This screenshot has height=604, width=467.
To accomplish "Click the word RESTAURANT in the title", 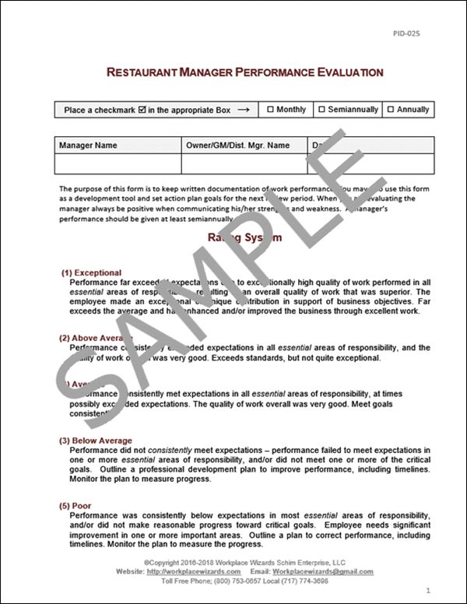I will pyautogui.click(x=147, y=72).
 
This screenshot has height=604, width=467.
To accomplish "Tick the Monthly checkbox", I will pyautogui.click(x=270, y=110).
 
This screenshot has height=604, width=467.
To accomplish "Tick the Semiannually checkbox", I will pyautogui.click(x=321, y=110).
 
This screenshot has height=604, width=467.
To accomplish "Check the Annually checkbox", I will pyautogui.click(x=391, y=110).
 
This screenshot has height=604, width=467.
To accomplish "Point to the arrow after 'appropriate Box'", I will pyautogui.click(x=243, y=110).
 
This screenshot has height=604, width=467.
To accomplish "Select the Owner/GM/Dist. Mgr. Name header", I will pyautogui.click(x=237, y=145).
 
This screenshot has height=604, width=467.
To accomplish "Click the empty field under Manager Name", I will pyautogui.click(x=118, y=163).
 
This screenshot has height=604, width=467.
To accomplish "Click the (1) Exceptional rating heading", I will pyautogui.click(x=92, y=272).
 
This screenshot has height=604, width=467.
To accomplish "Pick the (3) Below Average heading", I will pyautogui.click(x=97, y=441).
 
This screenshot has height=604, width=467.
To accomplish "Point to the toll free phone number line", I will pyautogui.click(x=233, y=581).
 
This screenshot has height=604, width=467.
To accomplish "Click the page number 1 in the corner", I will pyautogui.click(x=440, y=591).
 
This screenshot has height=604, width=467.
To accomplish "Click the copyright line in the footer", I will pyautogui.click(x=233, y=562).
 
